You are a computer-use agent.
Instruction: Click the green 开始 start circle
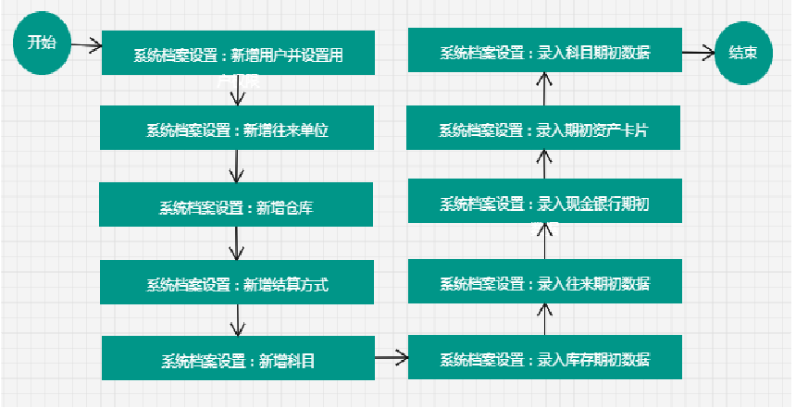click(x=41, y=43)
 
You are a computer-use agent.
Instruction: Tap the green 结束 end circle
click(x=743, y=53)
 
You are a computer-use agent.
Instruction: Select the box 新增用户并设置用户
click(x=238, y=54)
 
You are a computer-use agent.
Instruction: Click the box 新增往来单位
click(x=238, y=129)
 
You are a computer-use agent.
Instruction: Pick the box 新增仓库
click(x=237, y=205)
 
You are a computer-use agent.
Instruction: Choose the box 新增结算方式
click(x=238, y=283)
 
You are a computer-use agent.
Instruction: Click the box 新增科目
click(x=238, y=359)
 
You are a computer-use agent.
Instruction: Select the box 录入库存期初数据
click(x=544, y=358)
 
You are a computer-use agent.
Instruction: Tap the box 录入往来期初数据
click(x=544, y=282)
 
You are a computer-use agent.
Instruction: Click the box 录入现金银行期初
click(x=544, y=204)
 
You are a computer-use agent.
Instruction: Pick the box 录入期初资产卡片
click(x=544, y=129)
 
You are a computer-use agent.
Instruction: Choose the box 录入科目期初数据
click(x=544, y=52)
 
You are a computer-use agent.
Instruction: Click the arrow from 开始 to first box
click(x=84, y=44)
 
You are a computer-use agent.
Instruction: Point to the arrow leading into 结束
click(x=698, y=53)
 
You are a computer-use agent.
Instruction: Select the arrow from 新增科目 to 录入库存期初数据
click(x=391, y=355)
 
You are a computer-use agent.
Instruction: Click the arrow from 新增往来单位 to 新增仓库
click(x=238, y=167)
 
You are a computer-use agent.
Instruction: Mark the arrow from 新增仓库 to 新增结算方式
click(x=238, y=243)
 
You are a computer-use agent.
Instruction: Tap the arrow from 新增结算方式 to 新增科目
click(x=239, y=320)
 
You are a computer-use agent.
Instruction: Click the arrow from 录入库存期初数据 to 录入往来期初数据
click(x=545, y=320)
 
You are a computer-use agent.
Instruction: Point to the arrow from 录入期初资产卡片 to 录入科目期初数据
click(x=545, y=90)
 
